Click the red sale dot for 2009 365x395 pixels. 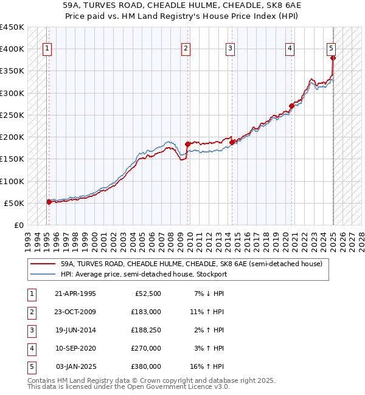(187, 145)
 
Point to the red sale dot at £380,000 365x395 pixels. (333, 58)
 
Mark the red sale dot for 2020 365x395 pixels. (291, 106)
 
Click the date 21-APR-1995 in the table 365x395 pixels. (75, 294)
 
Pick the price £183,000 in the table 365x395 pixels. (147, 312)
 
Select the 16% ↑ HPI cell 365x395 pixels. (207, 366)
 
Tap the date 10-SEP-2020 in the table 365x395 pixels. (75, 348)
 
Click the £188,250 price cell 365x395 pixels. (147, 330)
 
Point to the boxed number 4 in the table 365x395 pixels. (31, 348)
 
